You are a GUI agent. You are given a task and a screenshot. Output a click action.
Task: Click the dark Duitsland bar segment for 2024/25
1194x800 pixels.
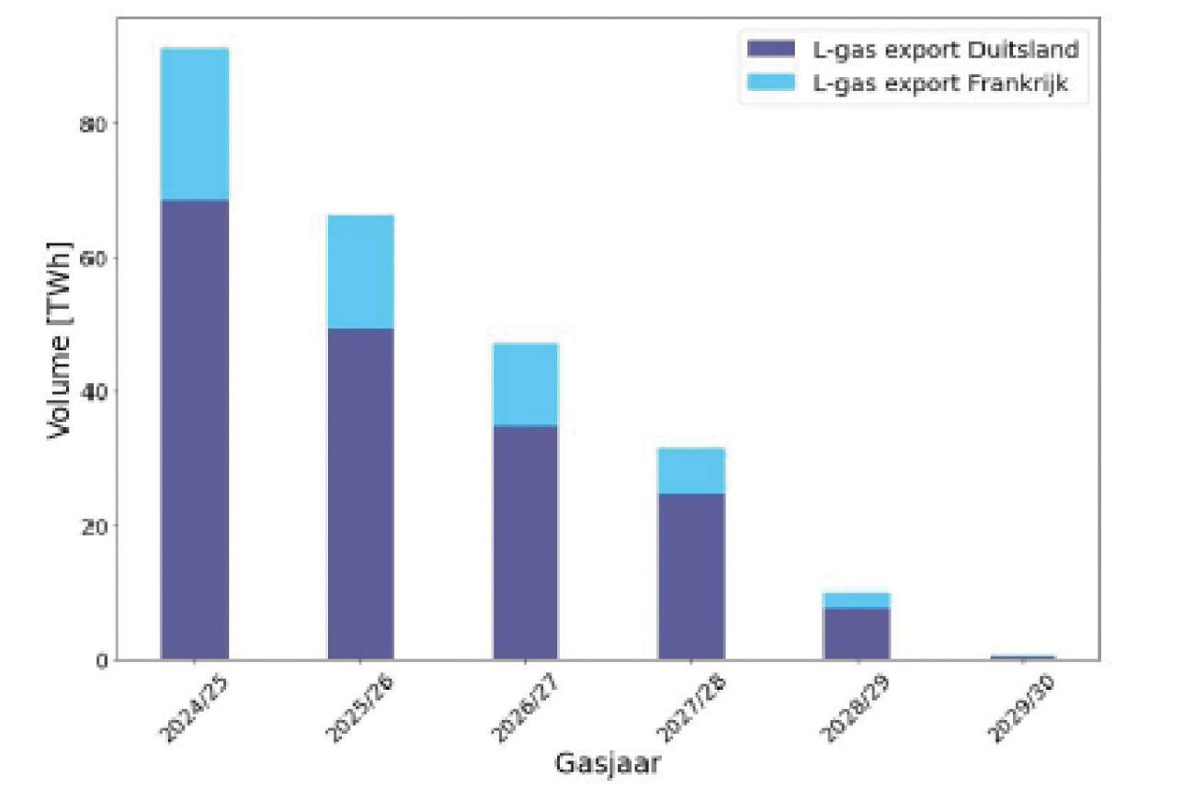coord(195,429)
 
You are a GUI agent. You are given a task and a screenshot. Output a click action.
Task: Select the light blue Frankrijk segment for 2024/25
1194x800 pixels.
coord(195,124)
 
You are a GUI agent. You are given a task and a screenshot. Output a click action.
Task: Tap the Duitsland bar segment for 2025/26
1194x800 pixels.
coord(360,493)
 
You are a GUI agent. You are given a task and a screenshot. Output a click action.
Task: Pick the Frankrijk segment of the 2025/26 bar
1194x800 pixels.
coord(360,272)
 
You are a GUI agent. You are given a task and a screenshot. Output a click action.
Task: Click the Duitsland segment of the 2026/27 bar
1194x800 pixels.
coord(525,542)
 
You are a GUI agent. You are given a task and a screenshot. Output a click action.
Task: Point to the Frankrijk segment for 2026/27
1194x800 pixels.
coord(525,385)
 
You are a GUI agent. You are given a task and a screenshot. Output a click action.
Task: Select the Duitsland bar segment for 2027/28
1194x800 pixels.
coord(691,576)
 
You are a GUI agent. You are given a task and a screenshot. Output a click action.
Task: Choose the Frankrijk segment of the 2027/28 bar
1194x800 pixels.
coord(691,470)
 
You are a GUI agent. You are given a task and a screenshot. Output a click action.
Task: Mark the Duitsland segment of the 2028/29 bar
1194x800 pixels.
coord(857,634)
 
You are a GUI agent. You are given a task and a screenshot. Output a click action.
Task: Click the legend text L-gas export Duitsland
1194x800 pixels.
coord(945,49)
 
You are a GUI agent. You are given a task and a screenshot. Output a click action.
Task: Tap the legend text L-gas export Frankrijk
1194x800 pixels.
coord(940,84)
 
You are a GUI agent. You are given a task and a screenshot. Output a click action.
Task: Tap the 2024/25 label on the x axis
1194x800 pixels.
coord(186,708)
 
